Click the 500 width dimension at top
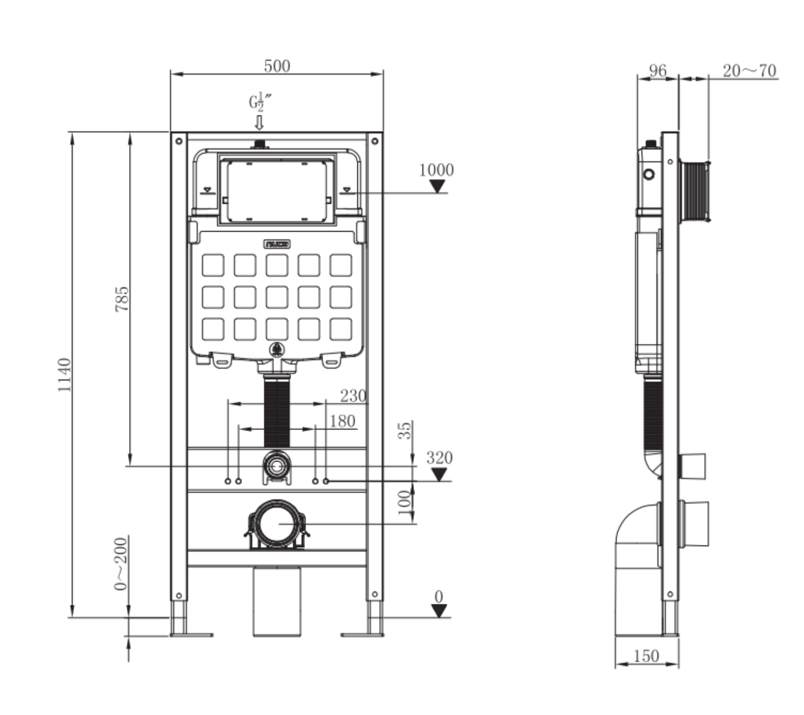pyautogui.click(x=277, y=66)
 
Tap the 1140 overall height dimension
pyautogui.click(x=65, y=374)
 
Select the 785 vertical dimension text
pyautogui.click(x=122, y=299)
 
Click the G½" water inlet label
pyautogui.click(x=260, y=102)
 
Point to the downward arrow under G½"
pyautogui.click(x=259, y=122)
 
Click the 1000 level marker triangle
pyautogui.click(x=437, y=186)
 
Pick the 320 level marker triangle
pyautogui.click(x=439, y=475)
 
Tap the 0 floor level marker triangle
pyautogui.click(x=439, y=611)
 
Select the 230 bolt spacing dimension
pyautogui.click(x=353, y=396)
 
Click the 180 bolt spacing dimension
pyautogui.click(x=342, y=421)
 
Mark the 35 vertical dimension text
pyautogui.click(x=405, y=431)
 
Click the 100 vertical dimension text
pyautogui.click(x=405, y=500)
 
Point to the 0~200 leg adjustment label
pyautogui.click(x=120, y=563)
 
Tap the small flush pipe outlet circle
pyautogui.click(x=277, y=466)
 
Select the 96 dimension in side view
pyautogui.click(x=657, y=70)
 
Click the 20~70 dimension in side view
pyautogui.click(x=749, y=70)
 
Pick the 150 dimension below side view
pyautogui.click(x=646, y=656)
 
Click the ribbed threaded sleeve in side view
pyautogui.click(x=695, y=191)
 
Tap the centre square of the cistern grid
pyautogui.click(x=277, y=298)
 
